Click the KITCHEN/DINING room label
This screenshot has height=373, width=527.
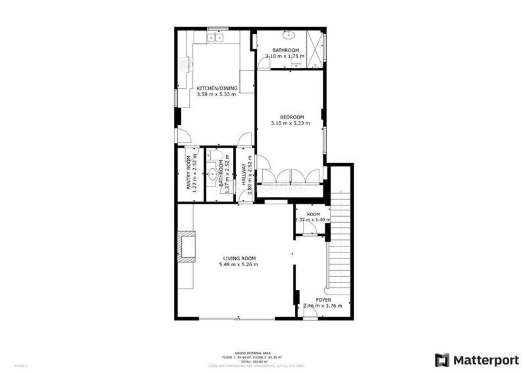(216, 88)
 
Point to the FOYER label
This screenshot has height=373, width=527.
(323, 299)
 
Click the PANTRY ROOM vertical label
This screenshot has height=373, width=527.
(188, 175)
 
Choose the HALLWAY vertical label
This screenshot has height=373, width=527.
(243, 175)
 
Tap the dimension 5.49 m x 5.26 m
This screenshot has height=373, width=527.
(238, 264)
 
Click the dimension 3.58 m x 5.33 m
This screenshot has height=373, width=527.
(216, 94)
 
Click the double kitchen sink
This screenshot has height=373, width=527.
(215, 38)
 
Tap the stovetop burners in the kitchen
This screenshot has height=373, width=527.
(186, 64)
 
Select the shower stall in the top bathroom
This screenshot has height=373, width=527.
(316, 48)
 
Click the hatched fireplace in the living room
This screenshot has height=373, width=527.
(187, 246)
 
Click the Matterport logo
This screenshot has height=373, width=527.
(476, 360)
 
